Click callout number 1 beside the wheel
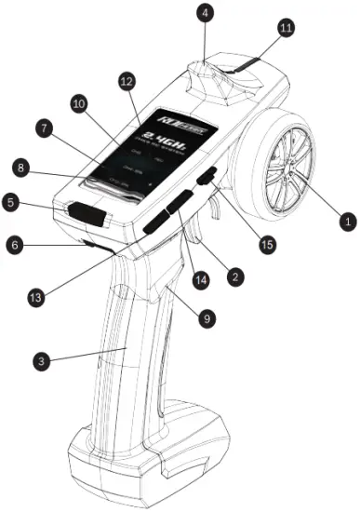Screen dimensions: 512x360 (346, 222)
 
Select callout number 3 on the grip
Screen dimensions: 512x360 (42, 358)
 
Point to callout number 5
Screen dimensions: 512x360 (11, 199)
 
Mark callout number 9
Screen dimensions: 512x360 (207, 317)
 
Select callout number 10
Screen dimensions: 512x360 (78, 101)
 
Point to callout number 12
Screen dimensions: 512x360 (127, 83)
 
